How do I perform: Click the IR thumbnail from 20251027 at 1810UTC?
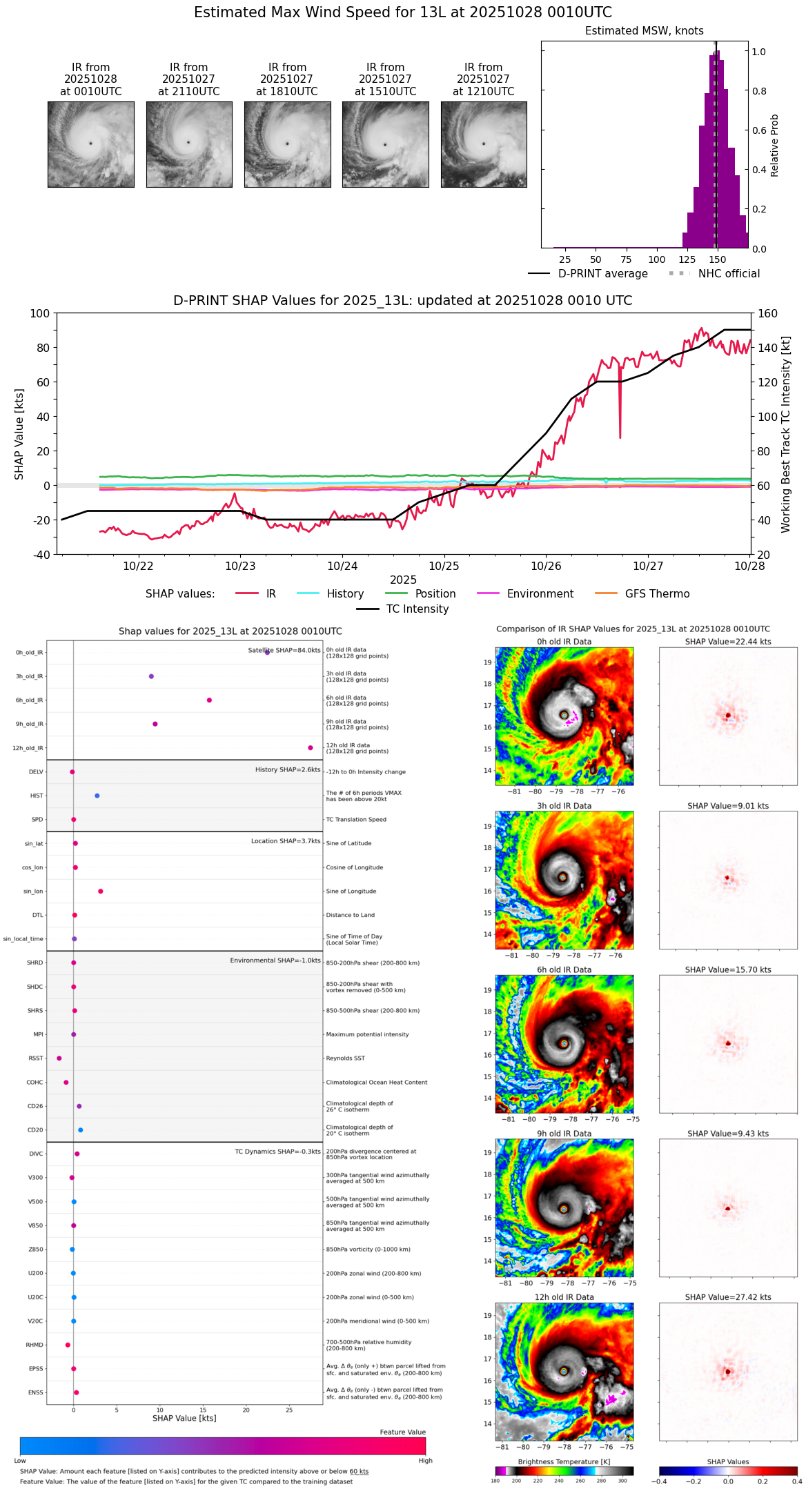click(287, 144)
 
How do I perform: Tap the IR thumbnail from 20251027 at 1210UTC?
click(484, 144)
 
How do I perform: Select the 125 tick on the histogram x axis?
click(687, 259)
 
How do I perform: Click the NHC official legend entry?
click(728, 274)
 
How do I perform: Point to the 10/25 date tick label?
click(444, 566)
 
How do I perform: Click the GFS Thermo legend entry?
click(656, 594)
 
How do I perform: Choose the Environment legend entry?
click(540, 594)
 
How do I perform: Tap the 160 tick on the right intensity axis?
click(767, 314)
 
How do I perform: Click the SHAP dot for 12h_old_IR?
click(311, 748)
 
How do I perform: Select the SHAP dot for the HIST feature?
click(97, 796)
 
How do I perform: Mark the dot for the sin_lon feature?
click(101, 891)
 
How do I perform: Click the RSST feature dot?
click(59, 1058)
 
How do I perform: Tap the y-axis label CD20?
click(35, 1130)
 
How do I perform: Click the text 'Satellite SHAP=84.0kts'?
click(284, 651)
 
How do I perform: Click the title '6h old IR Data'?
click(564, 970)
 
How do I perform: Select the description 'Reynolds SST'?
click(345, 1058)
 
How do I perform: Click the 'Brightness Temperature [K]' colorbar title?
click(564, 1462)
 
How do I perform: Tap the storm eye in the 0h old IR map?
click(564, 716)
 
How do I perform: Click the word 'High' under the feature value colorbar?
click(425, 1461)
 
